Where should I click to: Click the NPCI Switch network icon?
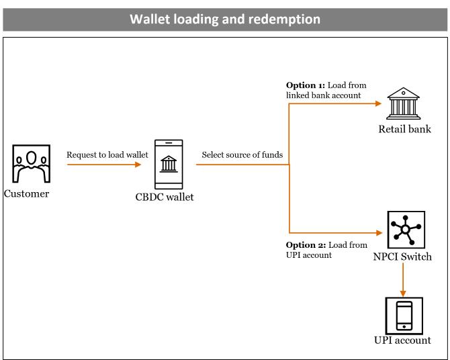point(406,230)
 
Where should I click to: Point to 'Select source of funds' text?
point(242,154)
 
